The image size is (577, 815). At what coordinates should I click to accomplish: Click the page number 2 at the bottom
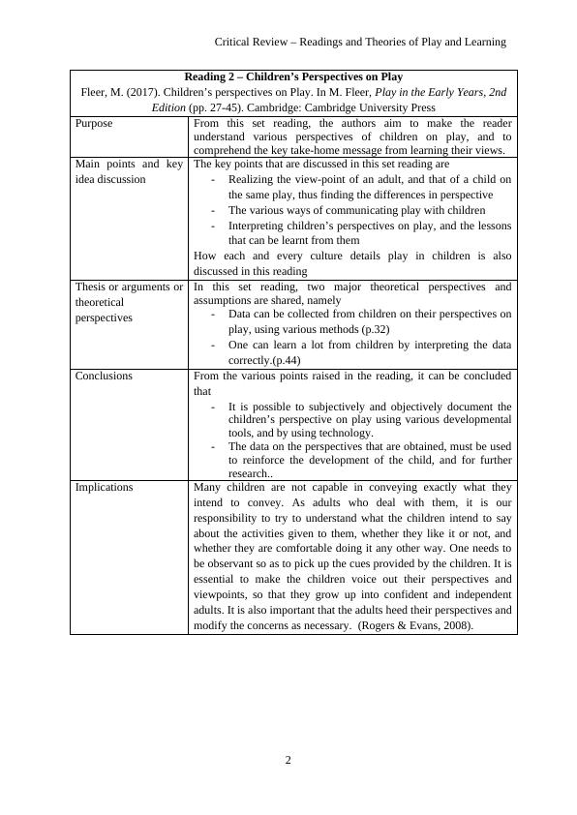288,760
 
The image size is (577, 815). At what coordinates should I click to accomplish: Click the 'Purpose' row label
94,124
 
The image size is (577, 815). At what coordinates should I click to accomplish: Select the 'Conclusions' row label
104,376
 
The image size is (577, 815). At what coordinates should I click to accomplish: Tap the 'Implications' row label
104,487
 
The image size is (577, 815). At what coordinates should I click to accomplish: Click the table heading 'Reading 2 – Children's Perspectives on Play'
293,76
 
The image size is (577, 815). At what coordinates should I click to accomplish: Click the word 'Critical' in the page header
232,42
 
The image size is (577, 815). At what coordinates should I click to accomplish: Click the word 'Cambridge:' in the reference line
287,107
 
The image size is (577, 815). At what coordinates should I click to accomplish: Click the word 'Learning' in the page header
485,42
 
